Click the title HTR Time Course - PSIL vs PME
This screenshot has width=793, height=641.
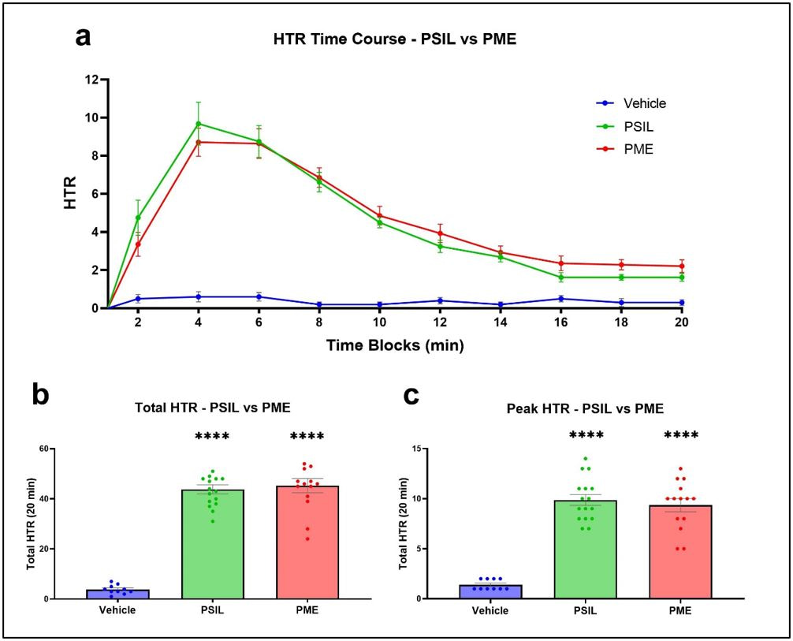coord(394,39)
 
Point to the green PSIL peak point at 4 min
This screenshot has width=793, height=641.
coord(199,124)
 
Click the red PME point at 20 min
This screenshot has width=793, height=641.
coord(681,266)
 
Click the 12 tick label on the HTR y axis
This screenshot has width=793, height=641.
coord(92,80)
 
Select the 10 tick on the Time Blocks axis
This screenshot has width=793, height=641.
coord(379,324)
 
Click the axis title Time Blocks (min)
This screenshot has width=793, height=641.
coord(396,345)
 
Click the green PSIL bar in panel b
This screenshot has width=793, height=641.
coord(212,544)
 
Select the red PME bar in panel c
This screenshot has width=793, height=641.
coord(680,552)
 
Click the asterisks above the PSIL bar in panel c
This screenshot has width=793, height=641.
coord(585,435)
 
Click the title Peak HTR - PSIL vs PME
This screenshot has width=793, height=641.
coord(585,408)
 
